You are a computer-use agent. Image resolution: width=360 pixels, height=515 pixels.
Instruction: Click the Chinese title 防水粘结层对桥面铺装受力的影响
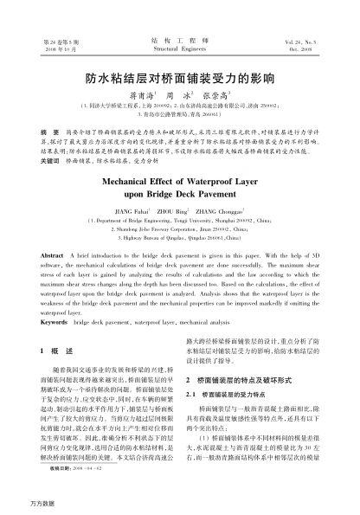[x=180, y=77]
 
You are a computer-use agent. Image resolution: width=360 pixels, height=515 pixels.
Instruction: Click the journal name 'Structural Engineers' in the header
[x=179, y=48]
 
